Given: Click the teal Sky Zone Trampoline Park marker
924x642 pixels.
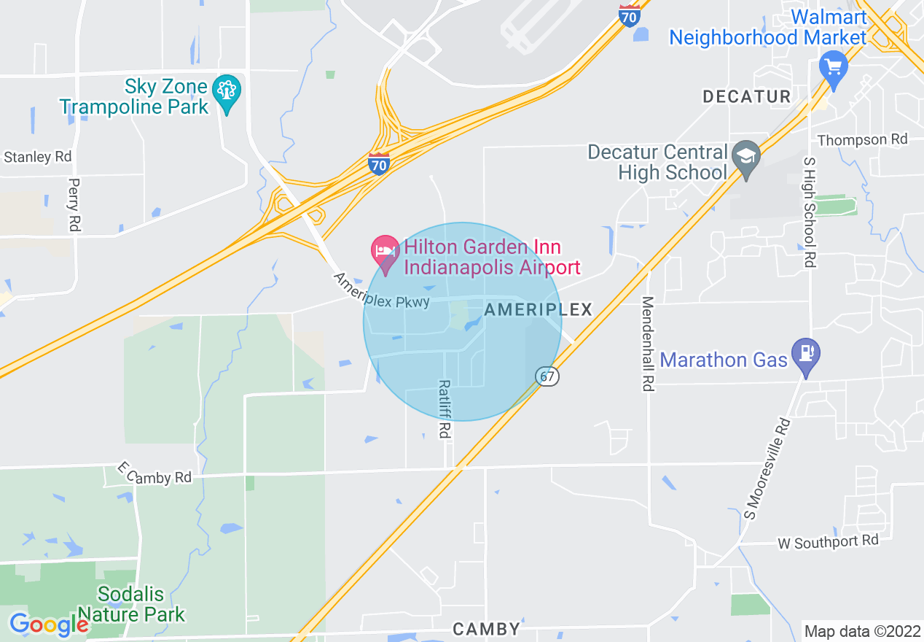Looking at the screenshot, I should click(227, 91).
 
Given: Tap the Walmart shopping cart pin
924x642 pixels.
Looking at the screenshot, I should click(833, 68).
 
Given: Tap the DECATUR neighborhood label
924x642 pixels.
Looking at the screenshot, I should click(746, 96).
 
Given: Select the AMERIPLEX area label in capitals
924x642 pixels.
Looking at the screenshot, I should click(538, 309).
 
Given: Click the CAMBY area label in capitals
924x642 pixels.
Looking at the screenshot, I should click(487, 629).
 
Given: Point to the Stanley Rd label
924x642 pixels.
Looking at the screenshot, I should click(38, 157).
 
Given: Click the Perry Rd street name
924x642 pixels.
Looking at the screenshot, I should click(74, 205).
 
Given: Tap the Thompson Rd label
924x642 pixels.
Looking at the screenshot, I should click(863, 139).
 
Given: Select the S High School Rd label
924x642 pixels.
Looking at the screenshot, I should click(809, 212).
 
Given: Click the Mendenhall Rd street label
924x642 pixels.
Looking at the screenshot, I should click(647, 344).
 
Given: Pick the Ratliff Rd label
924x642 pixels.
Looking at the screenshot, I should click(444, 409).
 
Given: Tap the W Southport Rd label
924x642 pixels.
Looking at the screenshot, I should click(828, 541).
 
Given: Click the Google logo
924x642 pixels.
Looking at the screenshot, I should click(49, 624).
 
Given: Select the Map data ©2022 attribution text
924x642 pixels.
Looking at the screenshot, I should click(861, 631).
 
